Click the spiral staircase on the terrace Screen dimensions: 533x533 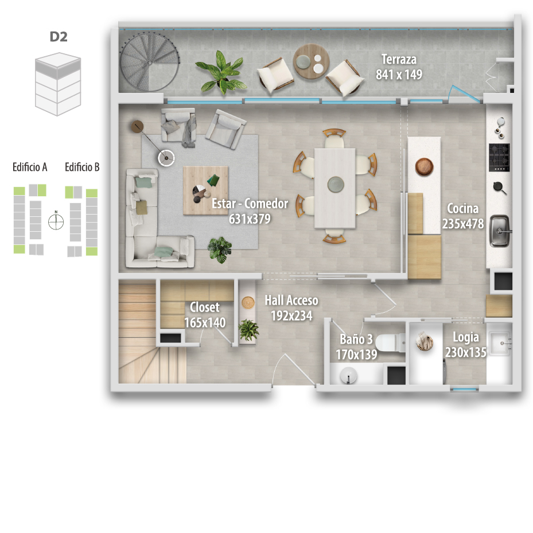[x=150, y=62]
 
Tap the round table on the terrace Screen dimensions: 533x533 [x=311, y=61]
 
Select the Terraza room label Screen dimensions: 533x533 [x=399, y=60]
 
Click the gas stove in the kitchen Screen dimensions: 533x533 [x=499, y=157]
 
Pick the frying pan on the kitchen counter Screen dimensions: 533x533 [x=500, y=188]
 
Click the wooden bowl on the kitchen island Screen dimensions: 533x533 [x=424, y=167]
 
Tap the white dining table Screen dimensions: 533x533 [x=335, y=188]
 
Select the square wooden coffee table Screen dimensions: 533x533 [x=205, y=190]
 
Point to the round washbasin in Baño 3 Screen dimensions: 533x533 [x=348, y=375]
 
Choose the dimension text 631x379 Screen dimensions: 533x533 [x=250, y=219]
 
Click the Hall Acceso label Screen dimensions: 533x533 [x=291, y=301]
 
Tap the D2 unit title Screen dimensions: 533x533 [x=59, y=37]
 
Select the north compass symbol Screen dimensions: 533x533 [x=56, y=221]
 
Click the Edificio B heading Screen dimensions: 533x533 [x=82, y=167]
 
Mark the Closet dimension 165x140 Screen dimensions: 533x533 [x=205, y=322]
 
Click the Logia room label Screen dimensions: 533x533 [x=466, y=337]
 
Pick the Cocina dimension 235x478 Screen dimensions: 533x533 [x=463, y=224]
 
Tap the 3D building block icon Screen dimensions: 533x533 [x=58, y=84]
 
